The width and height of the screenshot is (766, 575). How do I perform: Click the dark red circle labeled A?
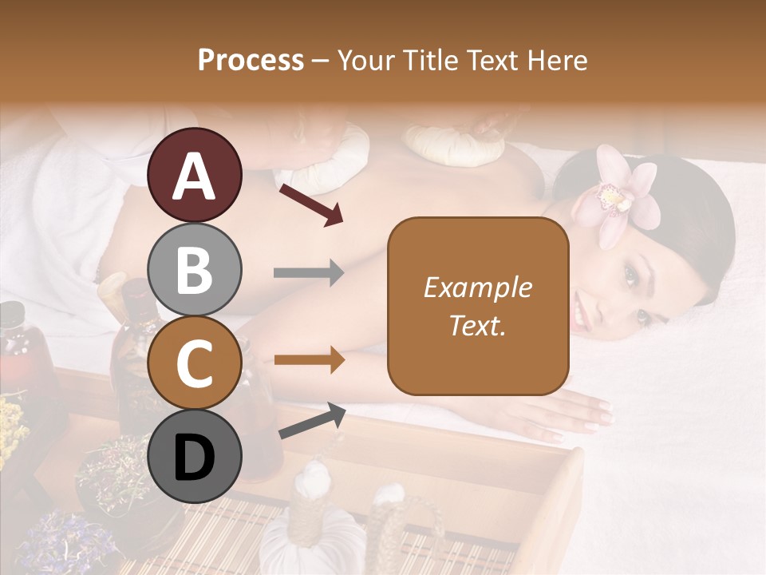[x=195, y=175]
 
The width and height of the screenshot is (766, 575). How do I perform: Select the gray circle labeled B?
[x=195, y=269]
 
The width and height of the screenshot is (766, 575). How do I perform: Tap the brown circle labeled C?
[x=195, y=362]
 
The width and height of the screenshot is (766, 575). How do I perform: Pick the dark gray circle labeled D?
[x=195, y=456]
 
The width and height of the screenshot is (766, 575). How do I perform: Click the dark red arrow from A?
[x=311, y=204]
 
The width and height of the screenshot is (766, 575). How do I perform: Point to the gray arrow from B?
[x=309, y=273]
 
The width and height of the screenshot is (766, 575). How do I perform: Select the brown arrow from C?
[x=309, y=360]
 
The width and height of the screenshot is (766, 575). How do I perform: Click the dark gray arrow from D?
[x=312, y=421]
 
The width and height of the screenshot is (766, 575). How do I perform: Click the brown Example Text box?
[x=478, y=306]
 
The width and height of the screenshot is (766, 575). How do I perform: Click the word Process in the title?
[x=251, y=60]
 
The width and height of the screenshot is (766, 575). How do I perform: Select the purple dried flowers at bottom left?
[x=56, y=535]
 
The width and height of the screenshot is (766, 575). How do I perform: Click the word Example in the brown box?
[x=477, y=287]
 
